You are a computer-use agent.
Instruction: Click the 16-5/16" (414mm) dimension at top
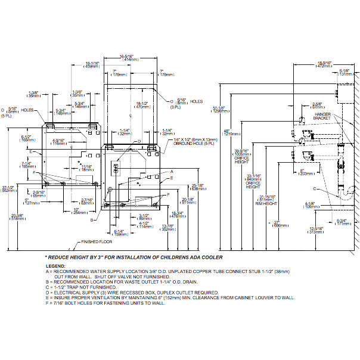(131, 57)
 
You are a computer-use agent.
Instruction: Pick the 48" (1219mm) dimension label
(227, 132)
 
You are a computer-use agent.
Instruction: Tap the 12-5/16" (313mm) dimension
(316, 230)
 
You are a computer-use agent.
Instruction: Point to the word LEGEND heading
(56, 265)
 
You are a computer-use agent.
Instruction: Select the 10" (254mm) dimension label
(76, 210)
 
